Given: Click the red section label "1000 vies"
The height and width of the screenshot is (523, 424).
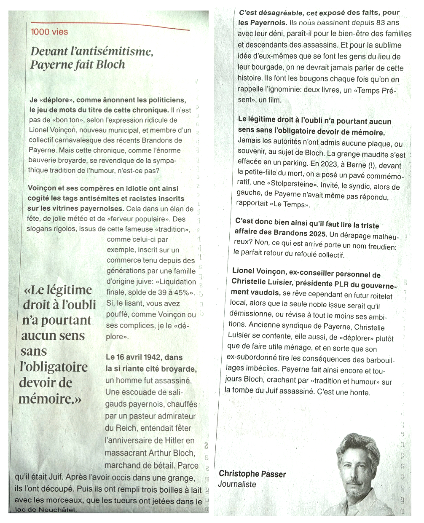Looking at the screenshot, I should pyautogui.click(x=49, y=32).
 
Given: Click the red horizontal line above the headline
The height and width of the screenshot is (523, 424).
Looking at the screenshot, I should pyautogui.click(x=110, y=25).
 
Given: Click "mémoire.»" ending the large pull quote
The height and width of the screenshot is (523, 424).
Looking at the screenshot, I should pyautogui.click(x=50, y=398).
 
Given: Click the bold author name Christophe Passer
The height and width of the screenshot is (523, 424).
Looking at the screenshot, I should pyautogui.click(x=252, y=474).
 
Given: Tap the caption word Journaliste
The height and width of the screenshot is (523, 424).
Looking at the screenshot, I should pyautogui.click(x=237, y=484).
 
